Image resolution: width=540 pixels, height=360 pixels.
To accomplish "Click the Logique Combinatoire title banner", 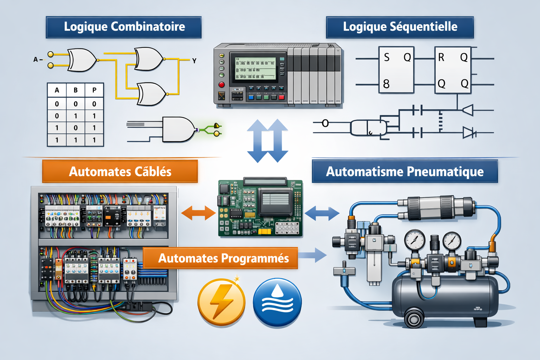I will pyautogui.click(x=124, y=27).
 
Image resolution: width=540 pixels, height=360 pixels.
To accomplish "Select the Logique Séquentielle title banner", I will pyautogui.click(x=400, y=27).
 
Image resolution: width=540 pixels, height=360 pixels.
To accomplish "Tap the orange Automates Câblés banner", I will pyautogui.click(x=120, y=172).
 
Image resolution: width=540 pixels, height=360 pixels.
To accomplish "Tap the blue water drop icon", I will pyautogui.click(x=277, y=302).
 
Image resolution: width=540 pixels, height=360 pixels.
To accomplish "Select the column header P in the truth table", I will pyautogui.click(x=94, y=90).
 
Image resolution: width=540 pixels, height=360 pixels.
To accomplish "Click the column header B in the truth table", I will pyautogui.click(x=76, y=90).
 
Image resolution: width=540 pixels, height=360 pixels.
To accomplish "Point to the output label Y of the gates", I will pyautogui.click(x=194, y=61).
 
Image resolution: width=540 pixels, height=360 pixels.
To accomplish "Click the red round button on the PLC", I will pyautogui.click(x=221, y=85).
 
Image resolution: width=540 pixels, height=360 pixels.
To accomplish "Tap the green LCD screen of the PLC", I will pyautogui.click(x=256, y=69).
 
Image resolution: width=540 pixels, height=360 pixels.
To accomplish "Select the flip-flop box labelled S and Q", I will pyautogui.click(x=396, y=70).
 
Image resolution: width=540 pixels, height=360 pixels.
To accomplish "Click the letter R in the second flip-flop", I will pyautogui.click(x=441, y=57).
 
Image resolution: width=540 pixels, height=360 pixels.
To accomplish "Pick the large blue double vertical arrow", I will pyautogui.click(x=268, y=141).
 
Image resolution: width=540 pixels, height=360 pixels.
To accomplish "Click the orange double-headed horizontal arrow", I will pyautogui.click(x=198, y=213).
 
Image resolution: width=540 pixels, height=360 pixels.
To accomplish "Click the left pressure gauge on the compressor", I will pyautogui.click(x=414, y=240).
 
